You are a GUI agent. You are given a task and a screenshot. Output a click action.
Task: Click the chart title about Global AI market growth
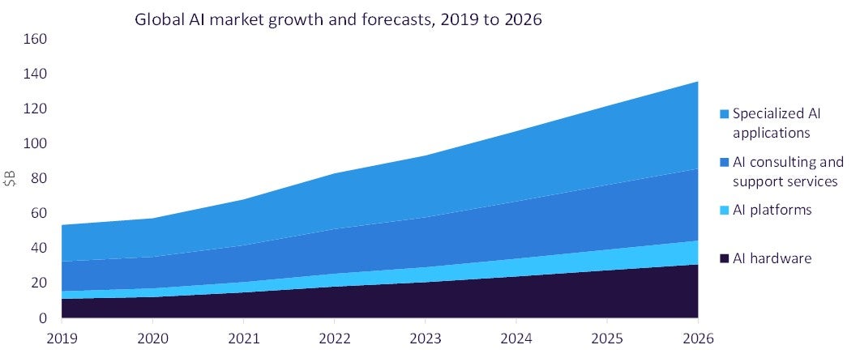pos(338,19)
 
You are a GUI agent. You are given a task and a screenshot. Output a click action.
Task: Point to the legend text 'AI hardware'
pos(772,258)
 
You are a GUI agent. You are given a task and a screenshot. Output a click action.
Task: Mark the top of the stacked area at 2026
pos(697,82)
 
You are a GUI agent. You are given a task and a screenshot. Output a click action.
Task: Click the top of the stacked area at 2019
pos(62,225)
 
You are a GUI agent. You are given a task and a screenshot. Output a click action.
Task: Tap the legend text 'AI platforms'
pos(772,210)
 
